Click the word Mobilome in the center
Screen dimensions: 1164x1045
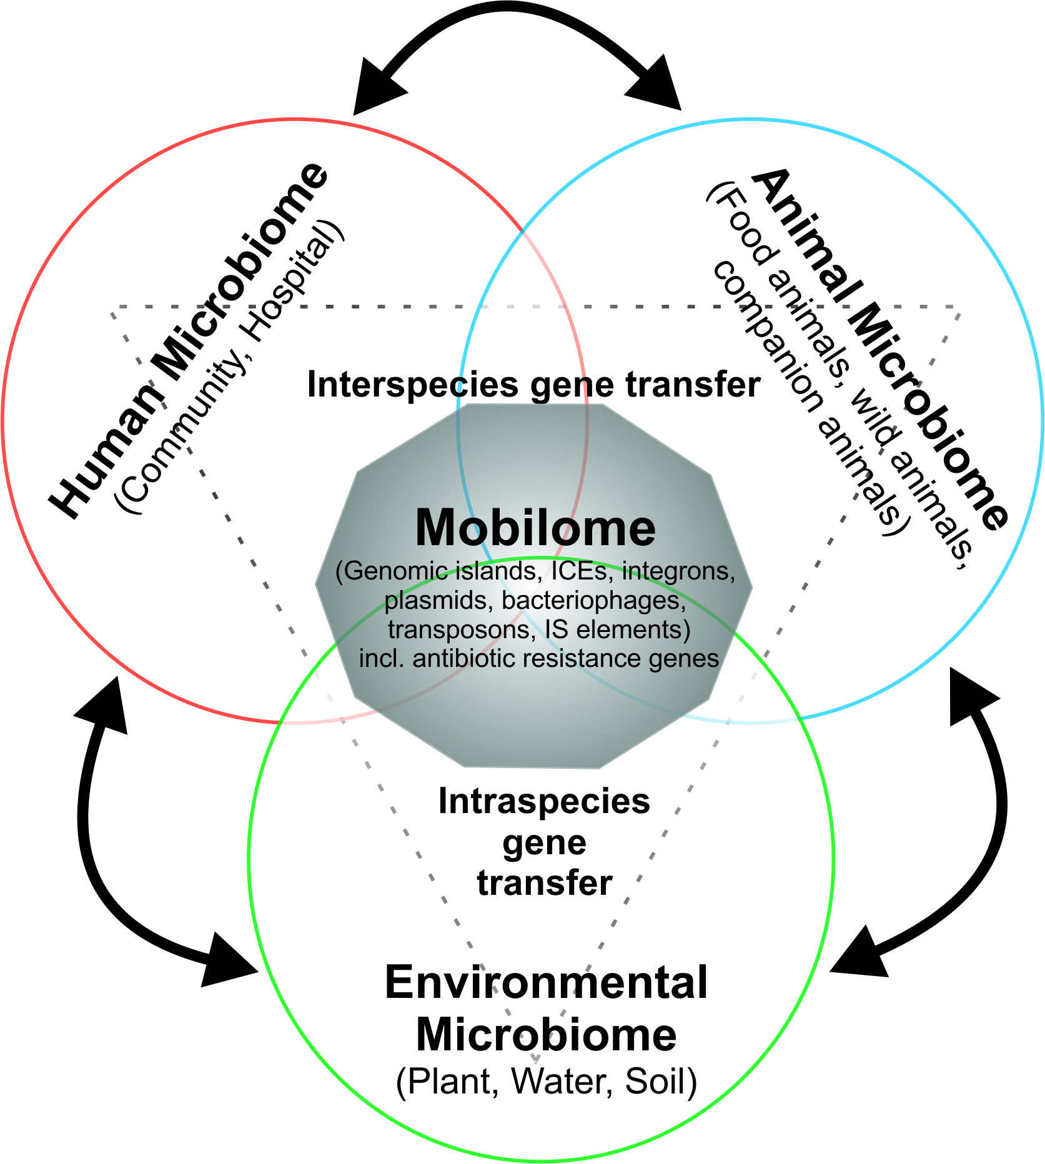[535, 528]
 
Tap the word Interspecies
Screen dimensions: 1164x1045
[412, 385]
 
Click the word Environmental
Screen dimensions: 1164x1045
[546, 982]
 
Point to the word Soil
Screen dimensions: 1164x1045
[659, 1081]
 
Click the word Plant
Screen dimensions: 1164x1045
[450, 1081]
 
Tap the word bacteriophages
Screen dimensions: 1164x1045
[593, 600]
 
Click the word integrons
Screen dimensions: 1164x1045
[678, 571]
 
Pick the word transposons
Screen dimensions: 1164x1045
[459, 629]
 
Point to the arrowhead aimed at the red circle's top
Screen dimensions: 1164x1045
[375, 87]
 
